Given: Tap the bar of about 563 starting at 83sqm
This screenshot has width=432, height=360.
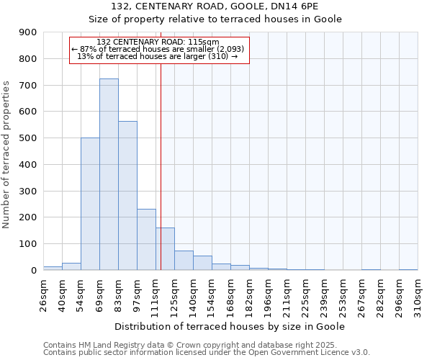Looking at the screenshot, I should tap(127, 195).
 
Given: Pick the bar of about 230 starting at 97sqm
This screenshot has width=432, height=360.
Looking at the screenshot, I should tap(146, 239).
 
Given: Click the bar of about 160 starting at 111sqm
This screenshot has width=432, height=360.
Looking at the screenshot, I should tap(165, 248).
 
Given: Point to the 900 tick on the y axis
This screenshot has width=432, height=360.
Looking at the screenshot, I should tap(28, 32).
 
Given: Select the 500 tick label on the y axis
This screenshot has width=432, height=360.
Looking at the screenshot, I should tap(28, 138).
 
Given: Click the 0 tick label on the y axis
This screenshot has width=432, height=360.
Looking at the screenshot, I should tap(34, 271).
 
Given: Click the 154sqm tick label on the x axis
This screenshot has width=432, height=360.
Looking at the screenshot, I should tap(212, 294).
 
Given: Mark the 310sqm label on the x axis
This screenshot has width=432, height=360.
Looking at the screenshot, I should tap(418, 294).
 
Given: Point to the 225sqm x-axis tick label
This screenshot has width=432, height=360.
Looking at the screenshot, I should tap(305, 294).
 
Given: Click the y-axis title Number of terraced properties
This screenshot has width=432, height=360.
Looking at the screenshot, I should tap(7, 154).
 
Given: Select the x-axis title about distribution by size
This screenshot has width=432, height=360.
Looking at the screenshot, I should tap(230, 326).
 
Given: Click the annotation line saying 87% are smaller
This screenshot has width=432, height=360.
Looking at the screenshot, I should tap(158, 49).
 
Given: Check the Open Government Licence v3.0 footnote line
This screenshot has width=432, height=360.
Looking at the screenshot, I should tap(207, 352).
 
